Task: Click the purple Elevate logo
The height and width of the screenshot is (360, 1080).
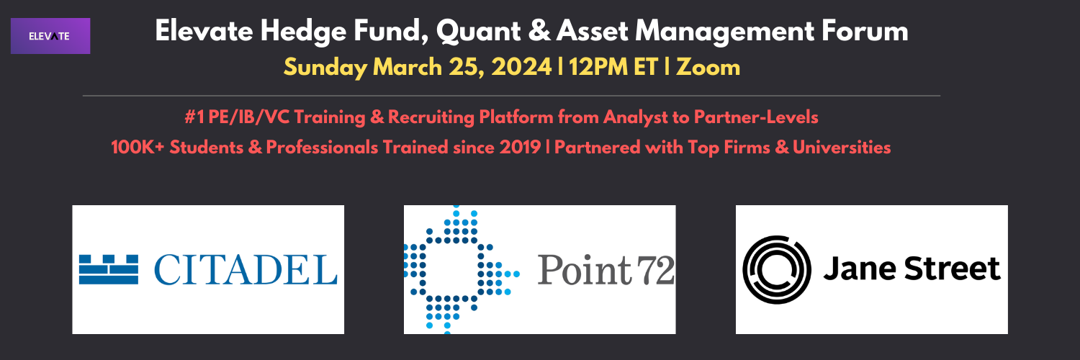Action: pos(50,36)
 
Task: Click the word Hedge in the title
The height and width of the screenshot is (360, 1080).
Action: pos(303,32)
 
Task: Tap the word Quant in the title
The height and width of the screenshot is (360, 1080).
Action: pos(478,32)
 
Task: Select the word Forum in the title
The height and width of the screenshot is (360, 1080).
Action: pos(865,31)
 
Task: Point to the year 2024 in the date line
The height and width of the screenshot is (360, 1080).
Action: pos(521,66)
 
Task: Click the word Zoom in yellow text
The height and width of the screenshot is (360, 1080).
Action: pos(708,66)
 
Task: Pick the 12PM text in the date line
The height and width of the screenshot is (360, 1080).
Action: pos(598,66)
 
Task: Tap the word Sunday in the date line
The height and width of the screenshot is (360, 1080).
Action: pos(325,68)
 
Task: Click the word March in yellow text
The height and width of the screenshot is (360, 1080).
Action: pos(408,66)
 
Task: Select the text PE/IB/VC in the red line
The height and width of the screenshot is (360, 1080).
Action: pos(249,117)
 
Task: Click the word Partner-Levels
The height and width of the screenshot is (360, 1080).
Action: pos(755,117)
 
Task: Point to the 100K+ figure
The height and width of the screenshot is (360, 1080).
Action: pos(138,147)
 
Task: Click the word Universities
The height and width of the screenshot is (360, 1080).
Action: pos(842,147)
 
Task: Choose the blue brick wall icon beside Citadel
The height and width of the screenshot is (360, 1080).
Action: pos(109,269)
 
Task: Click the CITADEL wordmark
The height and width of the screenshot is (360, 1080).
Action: pos(246,269)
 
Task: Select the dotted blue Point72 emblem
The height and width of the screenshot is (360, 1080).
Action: pos(462,269)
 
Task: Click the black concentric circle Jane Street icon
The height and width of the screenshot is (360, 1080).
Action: pos(776,269)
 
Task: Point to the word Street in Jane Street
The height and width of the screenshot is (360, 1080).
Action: pos(953,269)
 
